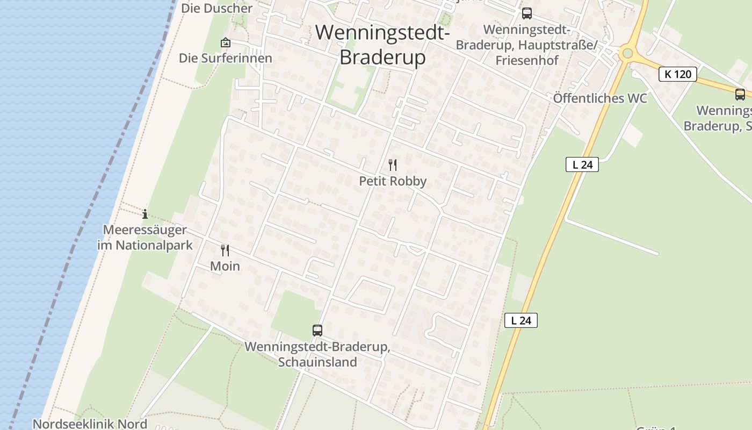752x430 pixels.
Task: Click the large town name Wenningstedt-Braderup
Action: (382, 45)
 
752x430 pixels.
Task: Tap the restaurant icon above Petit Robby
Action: (393, 165)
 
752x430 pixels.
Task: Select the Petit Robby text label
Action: (393, 181)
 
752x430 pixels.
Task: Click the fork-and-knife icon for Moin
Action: (225, 250)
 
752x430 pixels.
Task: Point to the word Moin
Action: (225, 266)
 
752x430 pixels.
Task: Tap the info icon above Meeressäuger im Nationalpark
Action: (145, 214)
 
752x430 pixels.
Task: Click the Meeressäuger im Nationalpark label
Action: (144, 238)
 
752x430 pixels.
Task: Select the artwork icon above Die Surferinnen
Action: (226, 42)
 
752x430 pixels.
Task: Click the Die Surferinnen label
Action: (226, 58)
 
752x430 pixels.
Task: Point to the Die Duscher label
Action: (217, 8)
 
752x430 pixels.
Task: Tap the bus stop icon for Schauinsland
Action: (317, 330)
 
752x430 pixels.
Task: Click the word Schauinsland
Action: (317, 362)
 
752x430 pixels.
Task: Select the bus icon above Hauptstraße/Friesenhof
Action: (527, 13)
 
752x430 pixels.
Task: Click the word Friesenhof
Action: (527, 60)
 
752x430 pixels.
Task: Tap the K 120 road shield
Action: (678, 74)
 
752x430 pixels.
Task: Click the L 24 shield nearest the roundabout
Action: (582, 164)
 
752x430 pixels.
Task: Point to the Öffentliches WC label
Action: (600, 98)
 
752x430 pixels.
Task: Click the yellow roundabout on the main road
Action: (626, 53)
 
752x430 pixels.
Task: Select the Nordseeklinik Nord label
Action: (90, 424)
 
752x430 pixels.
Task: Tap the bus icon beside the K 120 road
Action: (740, 95)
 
